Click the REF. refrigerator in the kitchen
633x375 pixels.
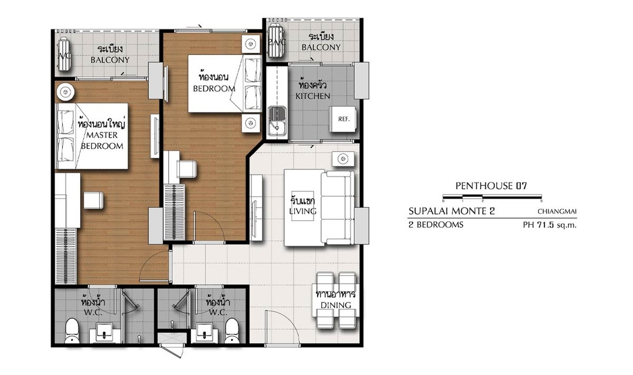click(343, 119)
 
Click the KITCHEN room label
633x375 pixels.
click(313, 96)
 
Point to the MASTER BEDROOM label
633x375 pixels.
click(102, 141)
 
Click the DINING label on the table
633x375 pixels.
click(335, 305)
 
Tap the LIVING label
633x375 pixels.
click(302, 211)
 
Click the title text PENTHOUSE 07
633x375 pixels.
click(491, 186)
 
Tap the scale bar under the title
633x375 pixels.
click(492, 197)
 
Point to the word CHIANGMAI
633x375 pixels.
click(557, 211)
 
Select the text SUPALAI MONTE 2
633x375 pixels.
click(451, 211)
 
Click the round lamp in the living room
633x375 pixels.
click(343, 159)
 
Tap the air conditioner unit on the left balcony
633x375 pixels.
click(64, 54)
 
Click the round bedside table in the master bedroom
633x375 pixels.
click(65, 92)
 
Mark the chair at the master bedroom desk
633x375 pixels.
click(93, 200)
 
